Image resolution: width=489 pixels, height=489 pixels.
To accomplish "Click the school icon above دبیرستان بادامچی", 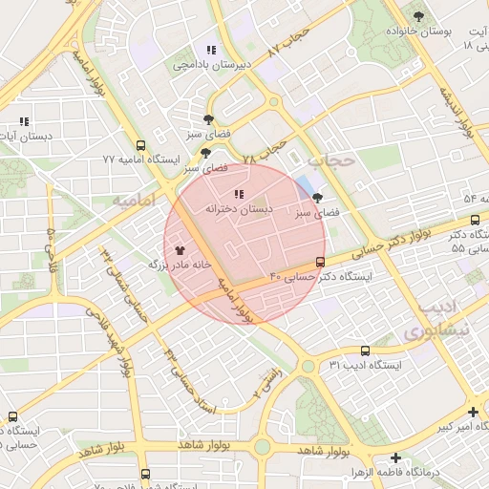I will [x=210, y=50].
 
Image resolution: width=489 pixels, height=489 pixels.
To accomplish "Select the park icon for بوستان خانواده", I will [x=418, y=15].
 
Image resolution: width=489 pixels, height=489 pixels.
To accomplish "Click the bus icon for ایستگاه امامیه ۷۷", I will [x=141, y=146].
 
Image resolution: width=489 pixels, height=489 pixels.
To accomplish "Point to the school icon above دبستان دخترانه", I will [x=238, y=195].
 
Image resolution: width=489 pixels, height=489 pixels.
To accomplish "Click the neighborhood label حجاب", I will [x=334, y=160].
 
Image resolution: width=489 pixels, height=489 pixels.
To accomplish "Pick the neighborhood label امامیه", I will [x=134, y=202].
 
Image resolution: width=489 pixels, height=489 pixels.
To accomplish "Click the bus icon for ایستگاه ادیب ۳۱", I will [x=365, y=351].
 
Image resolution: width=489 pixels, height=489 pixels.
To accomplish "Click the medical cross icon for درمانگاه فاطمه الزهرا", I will [x=395, y=458].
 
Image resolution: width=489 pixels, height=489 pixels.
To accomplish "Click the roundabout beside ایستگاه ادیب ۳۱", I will [x=308, y=366].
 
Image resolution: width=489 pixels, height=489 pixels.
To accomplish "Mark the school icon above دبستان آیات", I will [x=24, y=122].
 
